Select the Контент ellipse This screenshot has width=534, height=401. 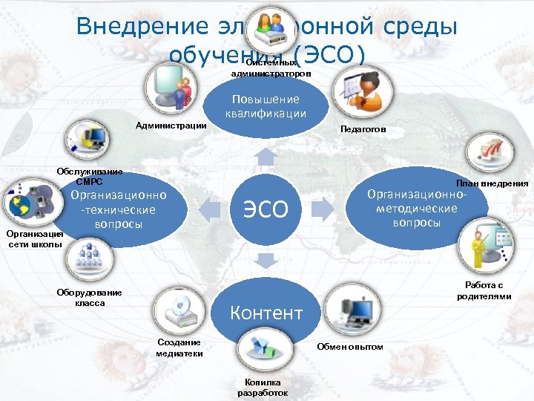(x=266, y=313)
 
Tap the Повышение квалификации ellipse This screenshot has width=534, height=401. (x=266, y=107)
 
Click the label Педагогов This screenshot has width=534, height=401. (x=363, y=129)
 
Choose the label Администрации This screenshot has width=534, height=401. (x=171, y=125)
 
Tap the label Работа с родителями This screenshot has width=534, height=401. (x=484, y=290)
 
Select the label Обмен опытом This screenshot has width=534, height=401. (x=350, y=347)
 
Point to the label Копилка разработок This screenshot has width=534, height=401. (x=263, y=388)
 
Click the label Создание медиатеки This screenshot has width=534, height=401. (x=179, y=348)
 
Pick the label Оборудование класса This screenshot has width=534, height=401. (x=89, y=297)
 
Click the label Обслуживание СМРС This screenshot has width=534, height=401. (x=90, y=176)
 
